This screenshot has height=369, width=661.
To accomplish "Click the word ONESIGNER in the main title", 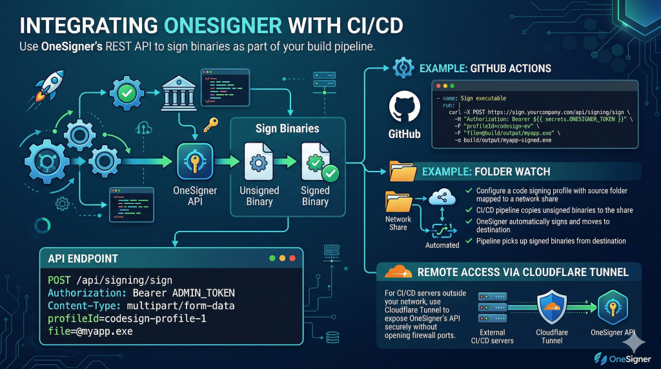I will [x=223, y=25].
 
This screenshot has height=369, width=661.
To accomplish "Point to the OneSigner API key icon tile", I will [x=194, y=162].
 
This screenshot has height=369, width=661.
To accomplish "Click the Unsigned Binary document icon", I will [x=259, y=163].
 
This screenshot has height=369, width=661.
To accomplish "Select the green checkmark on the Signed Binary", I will [x=330, y=173].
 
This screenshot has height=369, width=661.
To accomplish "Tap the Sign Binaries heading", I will [x=287, y=128].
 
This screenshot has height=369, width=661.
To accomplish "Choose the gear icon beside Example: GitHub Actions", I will [x=403, y=68].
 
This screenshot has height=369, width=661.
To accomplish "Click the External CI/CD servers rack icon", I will [x=493, y=307].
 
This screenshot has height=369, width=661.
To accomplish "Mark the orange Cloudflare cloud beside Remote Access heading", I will [x=398, y=272].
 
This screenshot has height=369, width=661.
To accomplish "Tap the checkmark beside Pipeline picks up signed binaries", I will [x=468, y=241].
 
